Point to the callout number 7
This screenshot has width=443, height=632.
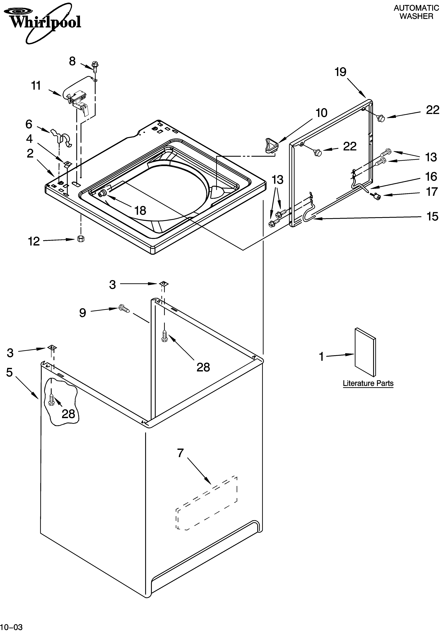pyautogui.click(x=180, y=453)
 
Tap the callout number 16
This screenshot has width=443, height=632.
pyautogui.click(x=431, y=177)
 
